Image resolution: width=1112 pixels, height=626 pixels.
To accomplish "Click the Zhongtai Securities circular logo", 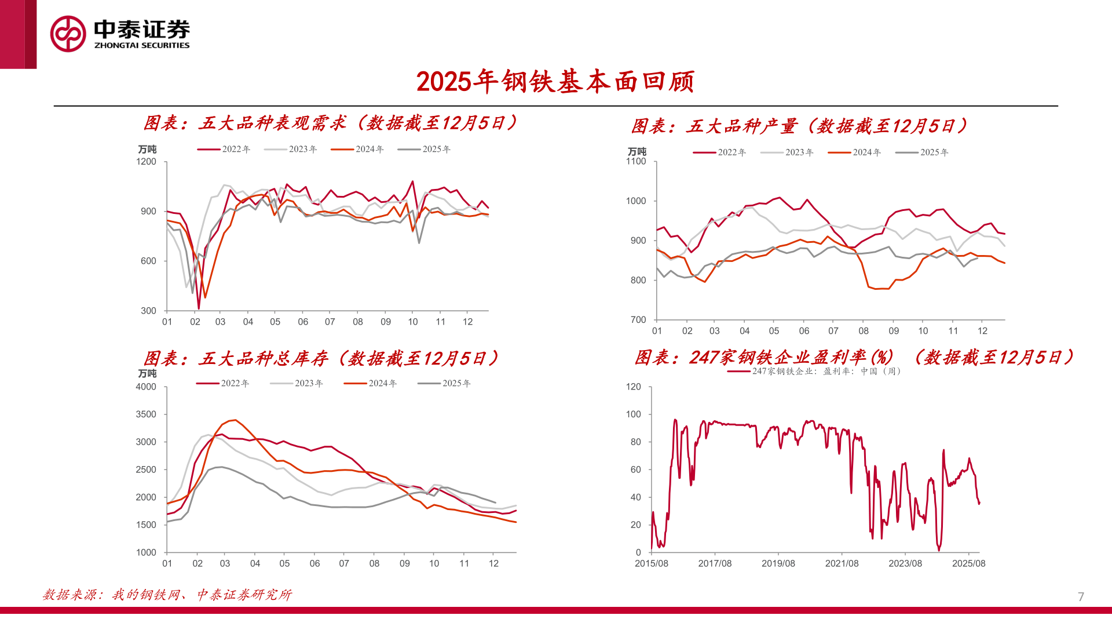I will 68,34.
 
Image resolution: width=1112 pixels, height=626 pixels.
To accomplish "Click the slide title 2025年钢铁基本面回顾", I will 555,82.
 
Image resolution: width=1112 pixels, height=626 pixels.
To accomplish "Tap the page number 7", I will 1081,596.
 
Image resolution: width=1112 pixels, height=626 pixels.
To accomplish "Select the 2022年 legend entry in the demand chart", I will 224,150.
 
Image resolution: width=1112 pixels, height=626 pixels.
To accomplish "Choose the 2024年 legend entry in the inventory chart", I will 371,384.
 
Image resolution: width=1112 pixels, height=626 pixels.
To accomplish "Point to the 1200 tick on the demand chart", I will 147,162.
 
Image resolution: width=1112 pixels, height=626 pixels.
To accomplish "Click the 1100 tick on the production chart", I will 636,162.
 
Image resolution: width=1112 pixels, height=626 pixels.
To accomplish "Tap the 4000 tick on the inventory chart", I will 146,387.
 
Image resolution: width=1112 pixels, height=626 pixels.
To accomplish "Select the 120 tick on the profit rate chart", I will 634,387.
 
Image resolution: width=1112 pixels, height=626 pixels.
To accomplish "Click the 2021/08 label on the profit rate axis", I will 842,563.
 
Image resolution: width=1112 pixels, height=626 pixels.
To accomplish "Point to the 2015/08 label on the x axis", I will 652,563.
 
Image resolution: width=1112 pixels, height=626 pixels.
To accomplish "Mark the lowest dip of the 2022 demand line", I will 199,308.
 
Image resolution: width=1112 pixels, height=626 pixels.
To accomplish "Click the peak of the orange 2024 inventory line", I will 235,420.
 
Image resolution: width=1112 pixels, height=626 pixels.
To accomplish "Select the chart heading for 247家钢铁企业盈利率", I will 854,357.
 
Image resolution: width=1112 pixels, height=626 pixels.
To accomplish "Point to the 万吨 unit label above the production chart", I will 637,151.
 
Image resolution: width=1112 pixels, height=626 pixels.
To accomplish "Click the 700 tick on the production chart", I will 638,320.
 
